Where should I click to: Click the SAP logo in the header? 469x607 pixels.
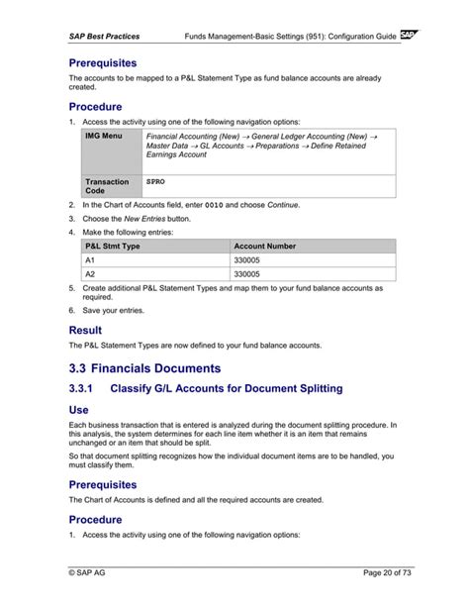411,35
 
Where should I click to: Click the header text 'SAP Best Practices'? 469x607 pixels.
104,37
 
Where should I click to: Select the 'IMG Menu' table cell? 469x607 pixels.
105,136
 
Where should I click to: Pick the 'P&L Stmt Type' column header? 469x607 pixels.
113,245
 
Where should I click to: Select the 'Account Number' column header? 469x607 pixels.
264,245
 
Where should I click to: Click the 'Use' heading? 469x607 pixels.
78,409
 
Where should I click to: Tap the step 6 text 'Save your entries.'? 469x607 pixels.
114,310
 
